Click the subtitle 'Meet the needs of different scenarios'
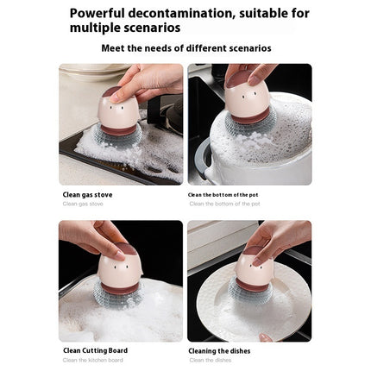(185, 48)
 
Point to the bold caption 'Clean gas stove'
(87, 195)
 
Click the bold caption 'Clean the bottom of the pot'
(223, 195)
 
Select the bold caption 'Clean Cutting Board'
(95, 350)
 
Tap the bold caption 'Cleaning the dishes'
(222, 350)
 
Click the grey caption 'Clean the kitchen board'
(92, 360)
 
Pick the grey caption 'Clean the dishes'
(211, 360)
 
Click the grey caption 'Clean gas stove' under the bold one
(83, 204)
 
